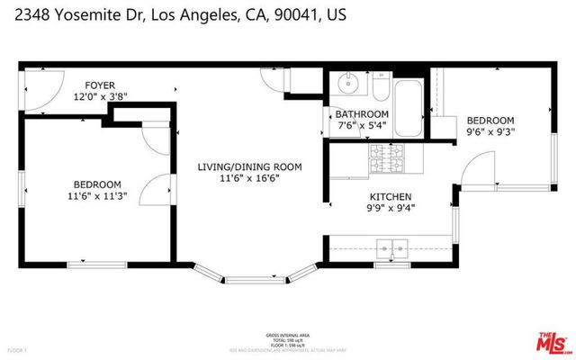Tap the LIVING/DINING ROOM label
coord(249,166)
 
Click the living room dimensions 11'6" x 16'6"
coord(249,179)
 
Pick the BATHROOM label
coord(362,114)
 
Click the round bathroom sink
coord(347,85)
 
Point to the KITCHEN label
coord(391,196)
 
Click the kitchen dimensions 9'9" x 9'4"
coord(391,209)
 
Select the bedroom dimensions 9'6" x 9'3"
coord(490,133)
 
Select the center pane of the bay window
coord(249,279)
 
